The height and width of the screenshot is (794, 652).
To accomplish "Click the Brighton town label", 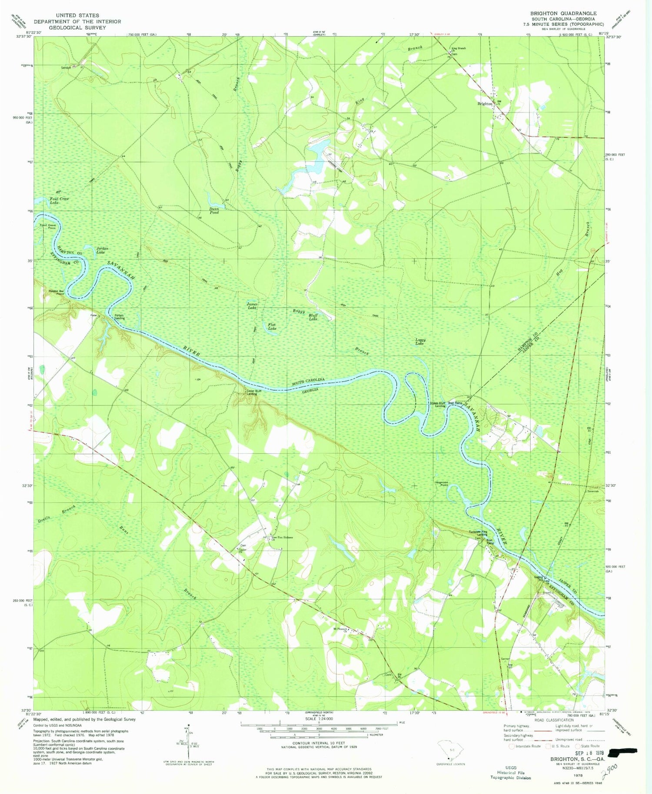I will click(484, 104).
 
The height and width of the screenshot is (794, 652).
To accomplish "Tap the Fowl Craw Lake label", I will click(59, 201).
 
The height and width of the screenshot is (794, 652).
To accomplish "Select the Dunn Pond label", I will click(214, 211).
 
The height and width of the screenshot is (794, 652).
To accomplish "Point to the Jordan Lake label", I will click(101, 250).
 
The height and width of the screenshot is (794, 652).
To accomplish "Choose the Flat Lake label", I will click(272, 326).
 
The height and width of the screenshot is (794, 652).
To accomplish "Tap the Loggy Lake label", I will click(420, 342).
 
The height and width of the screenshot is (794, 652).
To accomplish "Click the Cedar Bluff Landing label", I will click(254, 392).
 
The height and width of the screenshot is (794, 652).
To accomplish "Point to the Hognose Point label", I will click(441, 484).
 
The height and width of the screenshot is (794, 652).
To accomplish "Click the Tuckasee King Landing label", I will click(478, 533).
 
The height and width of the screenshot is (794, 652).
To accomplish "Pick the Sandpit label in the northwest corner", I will click(66, 67).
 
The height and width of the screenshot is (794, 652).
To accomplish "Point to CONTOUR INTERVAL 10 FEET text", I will click(319, 743).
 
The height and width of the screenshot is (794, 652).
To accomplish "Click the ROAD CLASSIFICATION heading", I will click(553, 720).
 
